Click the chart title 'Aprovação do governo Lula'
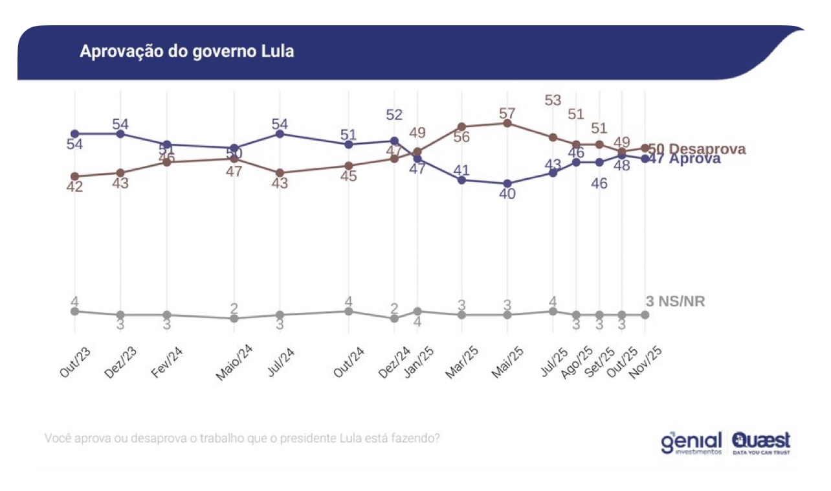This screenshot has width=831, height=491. click(x=186, y=52)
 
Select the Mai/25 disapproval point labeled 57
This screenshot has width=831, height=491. click(x=507, y=123)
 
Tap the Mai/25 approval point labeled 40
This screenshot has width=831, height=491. click(x=507, y=183)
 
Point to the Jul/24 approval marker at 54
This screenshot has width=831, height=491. click(x=280, y=133)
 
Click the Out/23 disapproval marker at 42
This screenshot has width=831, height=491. click(x=74, y=176)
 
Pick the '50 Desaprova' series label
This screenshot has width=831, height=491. click(x=696, y=149)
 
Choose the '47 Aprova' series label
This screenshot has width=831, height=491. click(x=684, y=159)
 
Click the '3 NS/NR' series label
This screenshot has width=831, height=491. click(x=676, y=301)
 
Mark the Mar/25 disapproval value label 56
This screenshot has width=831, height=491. click(x=461, y=137)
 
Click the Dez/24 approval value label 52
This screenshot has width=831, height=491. click(x=394, y=115)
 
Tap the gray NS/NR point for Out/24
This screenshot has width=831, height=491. click(x=349, y=311)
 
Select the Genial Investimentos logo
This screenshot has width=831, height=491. click(x=691, y=444)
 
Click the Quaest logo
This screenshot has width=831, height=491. click(x=761, y=443)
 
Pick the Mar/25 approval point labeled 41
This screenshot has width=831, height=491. click(x=461, y=180)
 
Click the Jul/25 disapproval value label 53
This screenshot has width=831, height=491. click(x=553, y=100)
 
